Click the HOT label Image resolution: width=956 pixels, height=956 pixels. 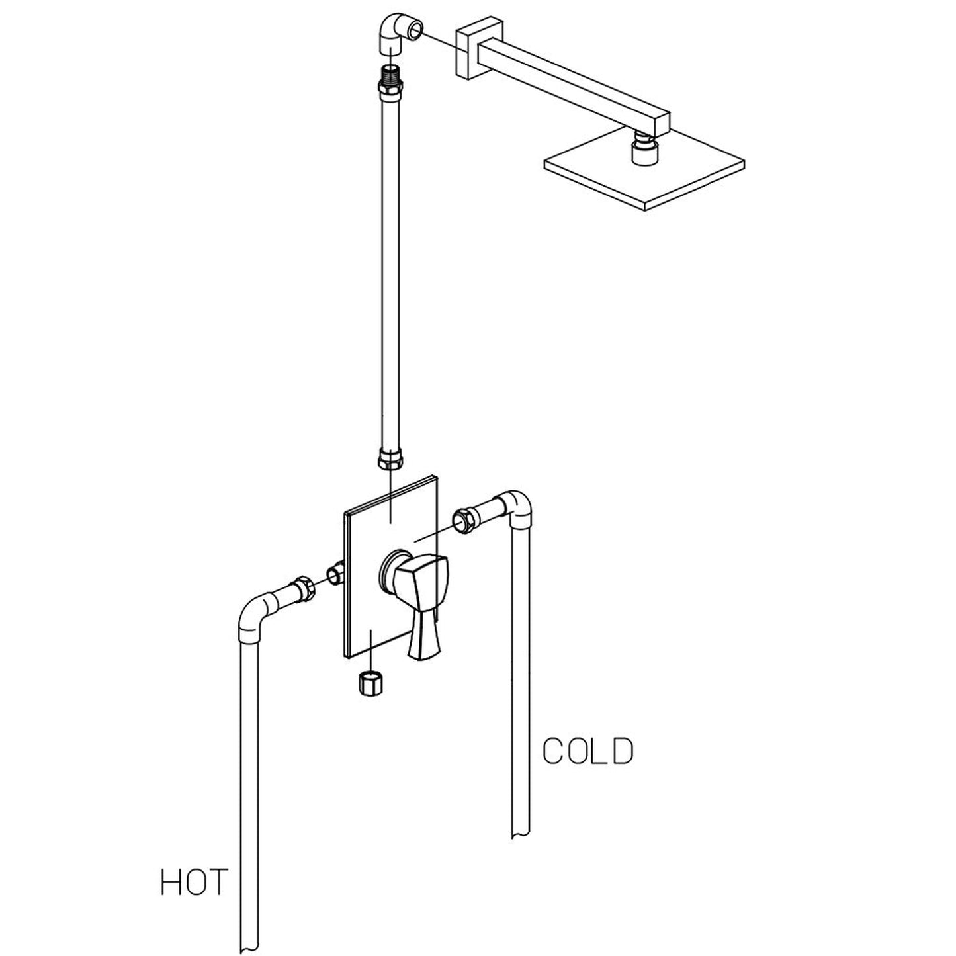pos(194,883)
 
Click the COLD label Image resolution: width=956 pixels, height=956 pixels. pos(587,751)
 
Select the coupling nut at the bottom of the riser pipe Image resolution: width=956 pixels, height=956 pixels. pos(389,458)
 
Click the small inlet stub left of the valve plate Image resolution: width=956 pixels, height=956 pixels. pos(336,572)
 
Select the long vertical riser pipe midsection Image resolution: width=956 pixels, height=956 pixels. pos(390,265)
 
